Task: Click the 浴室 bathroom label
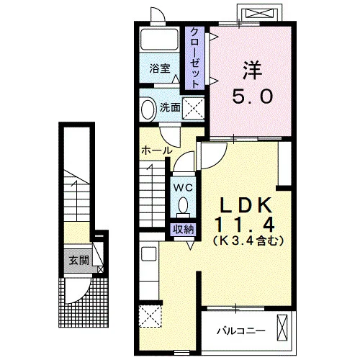(160, 68)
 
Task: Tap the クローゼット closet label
(194, 58)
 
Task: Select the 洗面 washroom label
(170, 108)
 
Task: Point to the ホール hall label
(157, 150)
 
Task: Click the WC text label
(184, 187)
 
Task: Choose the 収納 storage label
(184, 230)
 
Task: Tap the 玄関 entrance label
(79, 260)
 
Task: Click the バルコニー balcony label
(241, 331)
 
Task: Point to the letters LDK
(247, 205)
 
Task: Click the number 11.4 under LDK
(245, 224)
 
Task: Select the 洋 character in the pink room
(252, 71)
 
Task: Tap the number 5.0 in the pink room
(252, 96)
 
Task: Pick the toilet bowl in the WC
(184, 206)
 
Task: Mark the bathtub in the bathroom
(159, 40)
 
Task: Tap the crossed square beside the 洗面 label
(193, 109)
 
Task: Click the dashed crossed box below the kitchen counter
(150, 316)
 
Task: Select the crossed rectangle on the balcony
(282, 328)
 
